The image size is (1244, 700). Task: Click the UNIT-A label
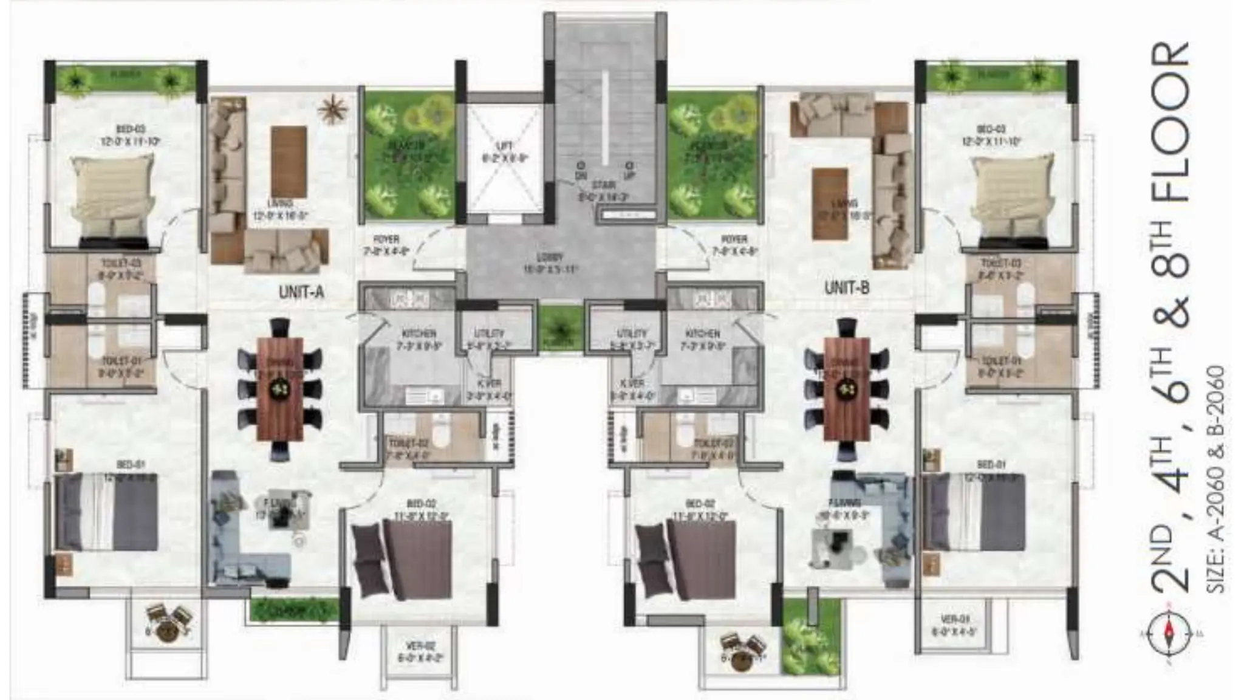301,292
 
